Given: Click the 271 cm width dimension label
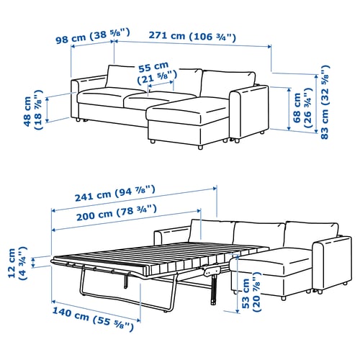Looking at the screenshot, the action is coord(192,36).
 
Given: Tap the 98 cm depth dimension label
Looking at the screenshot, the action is coord(93,36).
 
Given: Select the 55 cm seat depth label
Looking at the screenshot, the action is coord(157,73).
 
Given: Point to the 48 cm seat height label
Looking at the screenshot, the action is coord(33,109).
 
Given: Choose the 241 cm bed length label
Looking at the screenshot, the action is coord(115,193).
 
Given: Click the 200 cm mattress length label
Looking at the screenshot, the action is coord(117,212).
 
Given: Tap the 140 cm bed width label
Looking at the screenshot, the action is coord(93,319).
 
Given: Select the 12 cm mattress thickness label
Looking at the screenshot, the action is coord(17,263).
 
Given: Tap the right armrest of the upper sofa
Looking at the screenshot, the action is coord(248,111).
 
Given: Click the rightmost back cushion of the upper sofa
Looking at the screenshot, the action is coord(228,84).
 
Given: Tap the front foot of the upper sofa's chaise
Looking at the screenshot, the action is coord(200,148).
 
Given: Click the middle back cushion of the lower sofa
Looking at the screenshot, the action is coord(258,234).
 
